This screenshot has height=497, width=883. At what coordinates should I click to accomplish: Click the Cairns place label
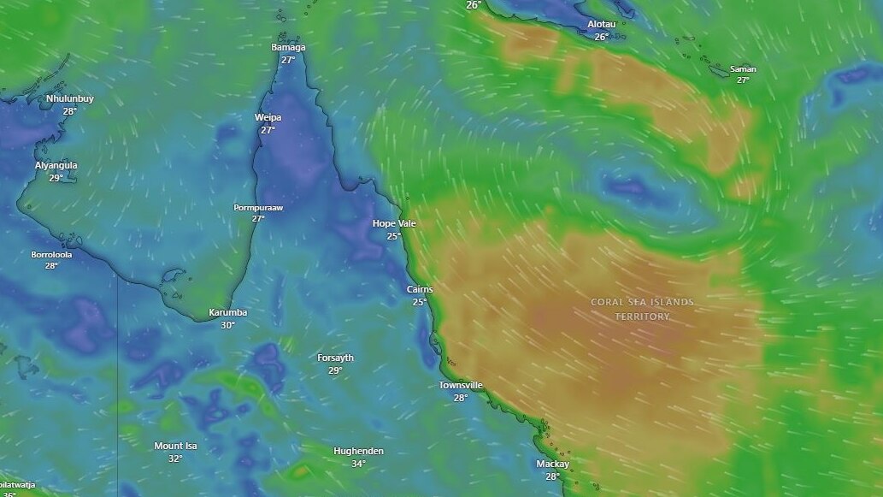(419, 290)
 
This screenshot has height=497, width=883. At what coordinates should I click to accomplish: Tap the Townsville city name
(461, 386)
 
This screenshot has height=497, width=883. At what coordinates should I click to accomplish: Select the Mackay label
(552, 464)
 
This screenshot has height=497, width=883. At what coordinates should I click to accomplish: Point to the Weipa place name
(268, 118)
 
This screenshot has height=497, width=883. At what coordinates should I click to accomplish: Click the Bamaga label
(288, 48)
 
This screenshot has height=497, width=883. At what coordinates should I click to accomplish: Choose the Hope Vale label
(394, 223)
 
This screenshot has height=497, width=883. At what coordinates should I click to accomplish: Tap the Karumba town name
(227, 313)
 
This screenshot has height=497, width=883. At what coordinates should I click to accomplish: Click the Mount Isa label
(175, 447)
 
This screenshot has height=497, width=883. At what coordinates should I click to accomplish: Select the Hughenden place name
(358, 452)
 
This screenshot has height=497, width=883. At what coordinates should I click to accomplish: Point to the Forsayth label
(335, 358)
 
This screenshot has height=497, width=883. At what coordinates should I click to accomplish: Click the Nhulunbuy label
(70, 99)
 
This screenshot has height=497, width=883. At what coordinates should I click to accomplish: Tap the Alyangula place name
(56, 166)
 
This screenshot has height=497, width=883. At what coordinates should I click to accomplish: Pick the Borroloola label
(51, 255)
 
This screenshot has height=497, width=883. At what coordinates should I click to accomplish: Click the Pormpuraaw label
(258, 208)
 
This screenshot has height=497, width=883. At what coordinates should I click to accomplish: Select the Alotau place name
(601, 25)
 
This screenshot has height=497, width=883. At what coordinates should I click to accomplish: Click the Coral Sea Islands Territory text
(642, 309)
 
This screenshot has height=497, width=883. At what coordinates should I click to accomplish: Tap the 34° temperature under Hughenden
(358, 464)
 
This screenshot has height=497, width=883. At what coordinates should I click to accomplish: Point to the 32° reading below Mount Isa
(175, 459)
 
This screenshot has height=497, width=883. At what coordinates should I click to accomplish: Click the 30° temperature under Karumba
(227, 325)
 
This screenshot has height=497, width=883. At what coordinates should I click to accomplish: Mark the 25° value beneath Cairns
(419, 302)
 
